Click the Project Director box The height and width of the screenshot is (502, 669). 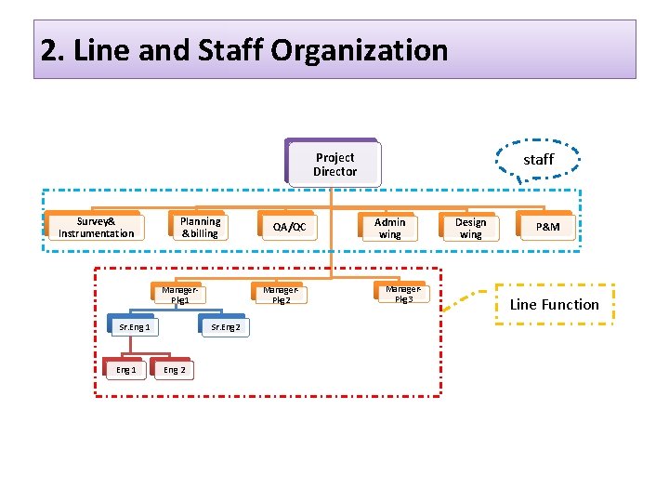tap(334, 165)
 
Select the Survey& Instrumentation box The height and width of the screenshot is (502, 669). tap(96, 227)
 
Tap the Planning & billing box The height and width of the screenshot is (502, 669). tap(200, 227)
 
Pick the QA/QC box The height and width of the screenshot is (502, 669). tap(289, 227)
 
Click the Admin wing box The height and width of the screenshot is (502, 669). tap(390, 228)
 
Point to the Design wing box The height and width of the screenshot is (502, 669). tap(470, 228)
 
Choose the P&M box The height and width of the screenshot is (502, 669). tap(547, 228)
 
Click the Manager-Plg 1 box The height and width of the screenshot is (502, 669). tap(179, 296)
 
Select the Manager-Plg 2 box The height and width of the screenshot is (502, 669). tap(281, 295)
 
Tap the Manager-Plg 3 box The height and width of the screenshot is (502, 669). tap(402, 294)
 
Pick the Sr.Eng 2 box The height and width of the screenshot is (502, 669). tap(225, 327)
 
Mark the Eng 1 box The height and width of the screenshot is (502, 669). tap(125, 370)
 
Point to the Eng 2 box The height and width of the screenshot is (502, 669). tap(174, 370)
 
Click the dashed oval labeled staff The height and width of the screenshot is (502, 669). tap(539, 160)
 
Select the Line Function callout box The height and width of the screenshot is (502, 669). tap(555, 304)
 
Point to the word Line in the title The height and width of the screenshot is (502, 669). tap(96, 50)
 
